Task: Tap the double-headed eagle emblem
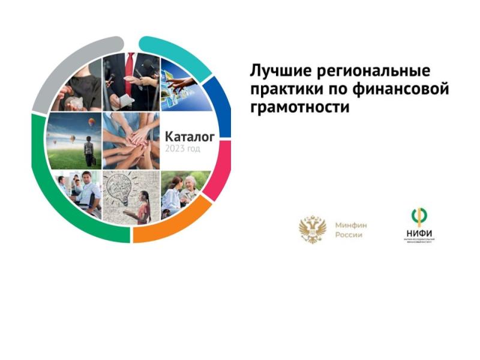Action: coord(313,230)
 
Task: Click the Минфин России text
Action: coord(351,230)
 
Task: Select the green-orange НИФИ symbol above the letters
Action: coord(419,215)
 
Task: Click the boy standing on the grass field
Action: coord(89,151)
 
